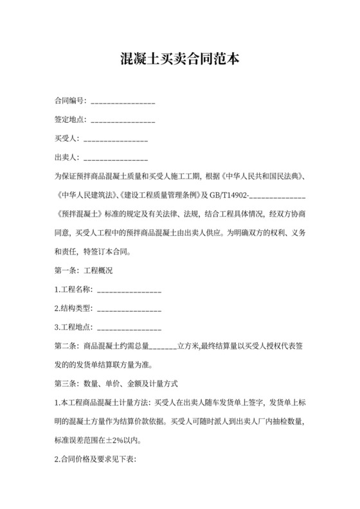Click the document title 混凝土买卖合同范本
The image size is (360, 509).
pyautogui.click(x=180, y=60)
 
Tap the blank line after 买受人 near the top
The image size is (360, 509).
pyautogui.click(x=116, y=139)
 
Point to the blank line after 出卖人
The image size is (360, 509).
pyautogui.click(x=116, y=157)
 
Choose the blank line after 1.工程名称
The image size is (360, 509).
pyautogui.click(x=129, y=290)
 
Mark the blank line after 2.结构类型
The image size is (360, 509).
pyautogui.click(x=129, y=309)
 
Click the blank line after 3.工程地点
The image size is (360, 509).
pyautogui.click(x=129, y=328)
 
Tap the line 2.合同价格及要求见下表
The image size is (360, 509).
pyautogui.click(x=96, y=460)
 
